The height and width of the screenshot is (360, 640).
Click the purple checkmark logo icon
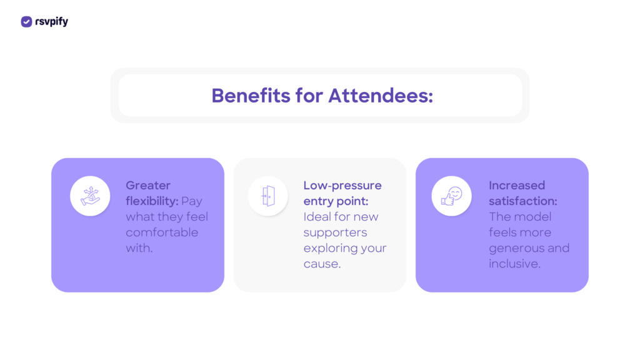tap(26, 22)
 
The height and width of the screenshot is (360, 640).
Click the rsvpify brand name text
tap(51, 22)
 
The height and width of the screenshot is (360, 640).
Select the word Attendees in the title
tap(381, 96)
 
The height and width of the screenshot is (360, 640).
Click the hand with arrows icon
tap(90, 196)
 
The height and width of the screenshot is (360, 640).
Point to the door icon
tap(268, 196)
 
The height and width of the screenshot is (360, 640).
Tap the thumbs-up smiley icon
tap(451, 196)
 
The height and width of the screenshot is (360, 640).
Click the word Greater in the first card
tap(148, 186)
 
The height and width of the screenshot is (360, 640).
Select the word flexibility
tap(152, 201)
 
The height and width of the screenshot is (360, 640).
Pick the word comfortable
tap(162, 232)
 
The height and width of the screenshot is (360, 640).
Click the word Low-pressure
tap(342, 186)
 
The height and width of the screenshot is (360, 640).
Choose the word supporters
tap(335, 232)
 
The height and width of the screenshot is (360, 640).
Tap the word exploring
tap(329, 248)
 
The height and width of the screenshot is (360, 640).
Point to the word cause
tap(322, 264)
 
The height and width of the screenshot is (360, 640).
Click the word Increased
tap(517, 186)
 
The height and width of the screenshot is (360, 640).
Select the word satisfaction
tap(523, 201)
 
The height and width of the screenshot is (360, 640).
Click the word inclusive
tap(514, 264)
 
